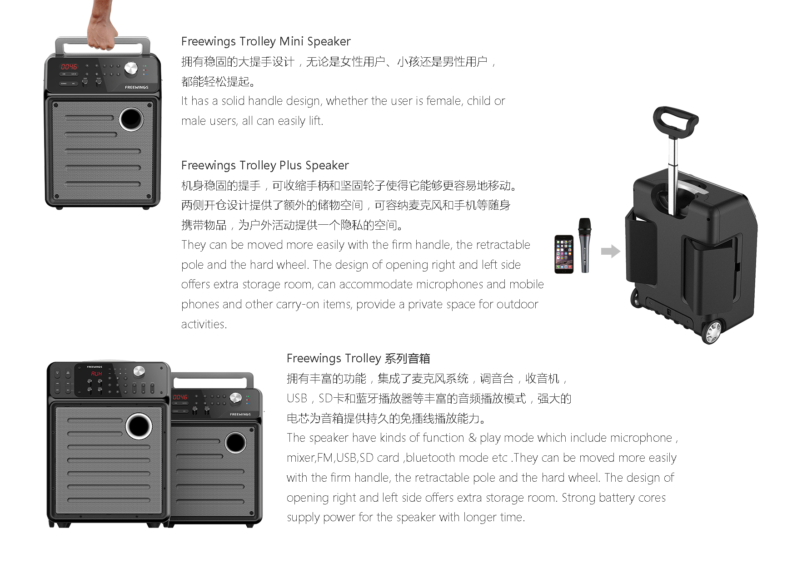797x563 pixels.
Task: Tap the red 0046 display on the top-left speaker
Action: [x=69, y=66]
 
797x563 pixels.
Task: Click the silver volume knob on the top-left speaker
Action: [x=131, y=69]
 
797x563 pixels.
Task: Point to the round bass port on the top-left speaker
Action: [x=131, y=119]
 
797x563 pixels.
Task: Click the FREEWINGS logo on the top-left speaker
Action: [x=136, y=87]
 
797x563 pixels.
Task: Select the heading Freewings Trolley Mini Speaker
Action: [x=266, y=41]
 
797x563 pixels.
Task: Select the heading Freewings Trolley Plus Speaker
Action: [x=265, y=165]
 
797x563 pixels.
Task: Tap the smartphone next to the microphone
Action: [x=564, y=254]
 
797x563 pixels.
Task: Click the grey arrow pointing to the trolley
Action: [x=610, y=251]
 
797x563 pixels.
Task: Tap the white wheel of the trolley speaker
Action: [x=712, y=332]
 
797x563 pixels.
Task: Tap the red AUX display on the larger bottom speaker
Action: [x=96, y=374]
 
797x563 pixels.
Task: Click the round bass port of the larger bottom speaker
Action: [x=139, y=425]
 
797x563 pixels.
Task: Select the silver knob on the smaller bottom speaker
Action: [x=235, y=398]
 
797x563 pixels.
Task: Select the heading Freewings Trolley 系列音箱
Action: [x=358, y=358]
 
